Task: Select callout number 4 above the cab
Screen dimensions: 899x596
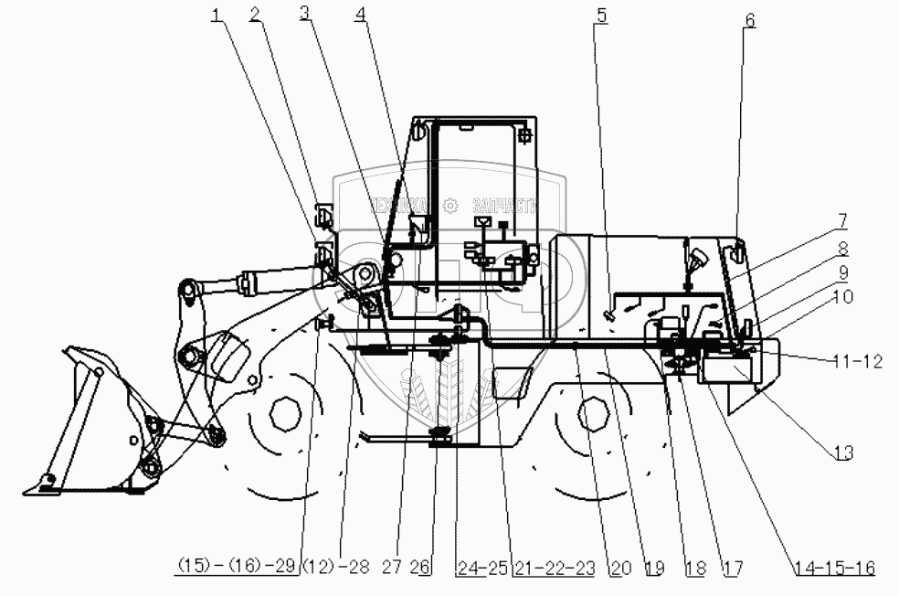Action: (x=362, y=15)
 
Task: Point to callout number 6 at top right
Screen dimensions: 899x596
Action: (x=749, y=18)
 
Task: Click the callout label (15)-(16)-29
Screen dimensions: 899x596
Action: (x=237, y=568)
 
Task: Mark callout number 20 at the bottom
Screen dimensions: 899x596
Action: (x=621, y=568)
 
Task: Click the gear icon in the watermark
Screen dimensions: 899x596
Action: (x=449, y=207)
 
